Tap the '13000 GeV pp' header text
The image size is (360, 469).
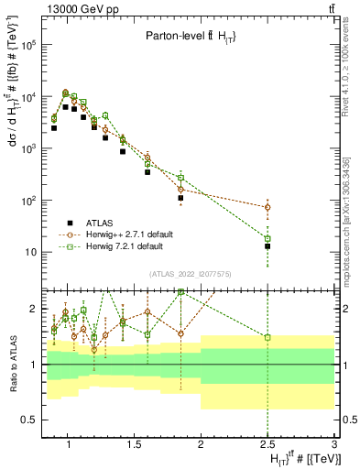click(x=77, y=8)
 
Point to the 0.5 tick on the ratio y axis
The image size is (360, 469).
click(x=30, y=420)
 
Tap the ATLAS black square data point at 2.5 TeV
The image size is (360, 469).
click(x=267, y=246)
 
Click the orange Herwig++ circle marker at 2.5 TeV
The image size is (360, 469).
click(x=267, y=207)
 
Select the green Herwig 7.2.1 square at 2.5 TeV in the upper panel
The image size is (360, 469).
click(x=267, y=239)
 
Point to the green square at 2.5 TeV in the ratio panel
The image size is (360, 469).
click(x=267, y=337)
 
